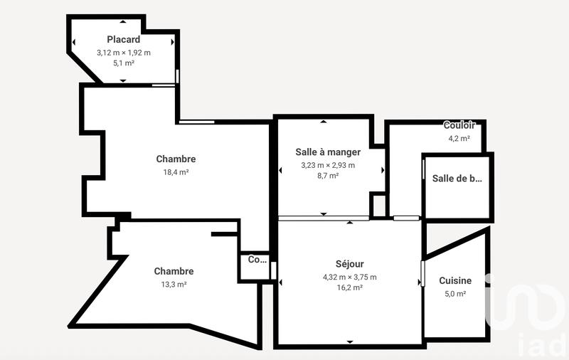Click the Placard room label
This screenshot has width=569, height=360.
(x=123, y=40)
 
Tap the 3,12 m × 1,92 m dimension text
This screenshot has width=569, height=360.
(x=124, y=53)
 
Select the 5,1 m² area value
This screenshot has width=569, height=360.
(x=124, y=63)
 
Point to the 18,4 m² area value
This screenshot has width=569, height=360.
(x=176, y=171)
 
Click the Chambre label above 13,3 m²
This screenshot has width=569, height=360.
(x=174, y=271)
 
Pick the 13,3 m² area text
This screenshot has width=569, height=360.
(x=174, y=285)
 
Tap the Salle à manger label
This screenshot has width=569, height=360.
(x=328, y=152)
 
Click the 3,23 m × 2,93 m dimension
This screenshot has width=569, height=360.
(x=328, y=165)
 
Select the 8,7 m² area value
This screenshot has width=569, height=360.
(x=328, y=176)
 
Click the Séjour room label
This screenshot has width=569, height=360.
(x=349, y=265)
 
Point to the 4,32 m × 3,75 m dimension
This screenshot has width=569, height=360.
(x=349, y=277)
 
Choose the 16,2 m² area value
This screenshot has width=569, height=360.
(x=349, y=288)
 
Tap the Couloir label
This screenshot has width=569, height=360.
(x=459, y=126)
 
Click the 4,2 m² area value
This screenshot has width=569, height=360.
(x=459, y=139)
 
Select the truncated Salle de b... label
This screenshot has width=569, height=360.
(x=457, y=179)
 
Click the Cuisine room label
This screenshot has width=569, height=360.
(x=455, y=281)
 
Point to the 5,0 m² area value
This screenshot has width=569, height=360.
(x=455, y=294)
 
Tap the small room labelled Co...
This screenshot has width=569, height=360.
(x=257, y=260)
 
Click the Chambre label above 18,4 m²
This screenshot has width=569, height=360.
(x=176, y=159)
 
